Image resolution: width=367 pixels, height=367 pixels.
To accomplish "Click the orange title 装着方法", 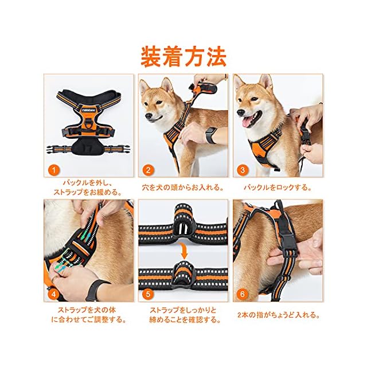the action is (183, 57).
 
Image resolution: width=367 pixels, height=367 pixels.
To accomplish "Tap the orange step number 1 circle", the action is (53, 170).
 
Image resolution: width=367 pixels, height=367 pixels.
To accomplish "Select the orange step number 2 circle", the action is (148, 170).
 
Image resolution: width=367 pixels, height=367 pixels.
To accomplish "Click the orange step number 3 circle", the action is (243, 170).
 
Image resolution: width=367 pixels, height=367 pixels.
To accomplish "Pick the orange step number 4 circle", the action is (53, 294).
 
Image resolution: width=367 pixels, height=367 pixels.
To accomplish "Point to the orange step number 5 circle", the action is (148, 294).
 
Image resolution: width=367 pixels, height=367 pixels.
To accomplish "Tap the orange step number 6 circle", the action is (243, 294).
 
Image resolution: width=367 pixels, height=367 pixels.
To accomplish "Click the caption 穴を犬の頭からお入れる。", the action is (183, 188).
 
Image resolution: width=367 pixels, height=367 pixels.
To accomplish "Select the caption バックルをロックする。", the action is (278, 188).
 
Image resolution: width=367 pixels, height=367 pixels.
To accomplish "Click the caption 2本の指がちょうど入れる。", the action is (279, 315).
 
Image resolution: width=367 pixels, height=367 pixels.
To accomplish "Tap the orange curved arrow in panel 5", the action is (184, 251).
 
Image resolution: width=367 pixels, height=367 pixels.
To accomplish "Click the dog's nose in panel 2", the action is (148, 116).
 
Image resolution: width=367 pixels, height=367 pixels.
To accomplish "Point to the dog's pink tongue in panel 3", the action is (247, 122).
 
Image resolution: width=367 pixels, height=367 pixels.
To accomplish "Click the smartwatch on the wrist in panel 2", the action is (211, 135).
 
